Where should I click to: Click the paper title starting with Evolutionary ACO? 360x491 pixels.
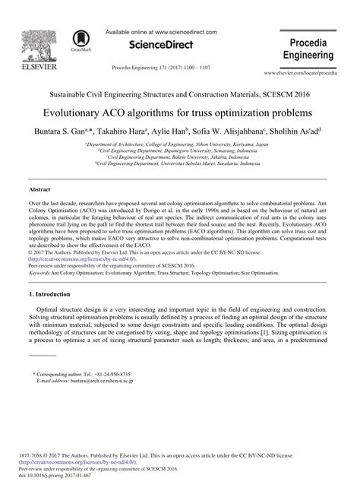coord(180,112)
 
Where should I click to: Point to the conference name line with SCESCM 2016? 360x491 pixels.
coord(180,97)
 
